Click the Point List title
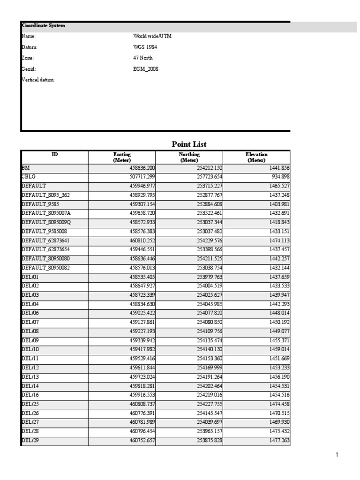coord(189,144)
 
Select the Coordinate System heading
coord(43,26)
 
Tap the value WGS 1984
coord(146,47)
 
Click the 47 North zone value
coord(143,58)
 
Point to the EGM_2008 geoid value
coord(146,69)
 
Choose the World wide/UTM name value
coord(152,36)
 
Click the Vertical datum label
coord(38,80)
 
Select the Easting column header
coord(122,157)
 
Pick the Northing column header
coord(189,157)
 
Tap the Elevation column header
coord(256,157)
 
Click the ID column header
coord(55,154)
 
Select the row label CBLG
coord(29,177)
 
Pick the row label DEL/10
coord(30,349)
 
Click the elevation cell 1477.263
coord(278,441)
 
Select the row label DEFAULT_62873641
coord(46,240)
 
